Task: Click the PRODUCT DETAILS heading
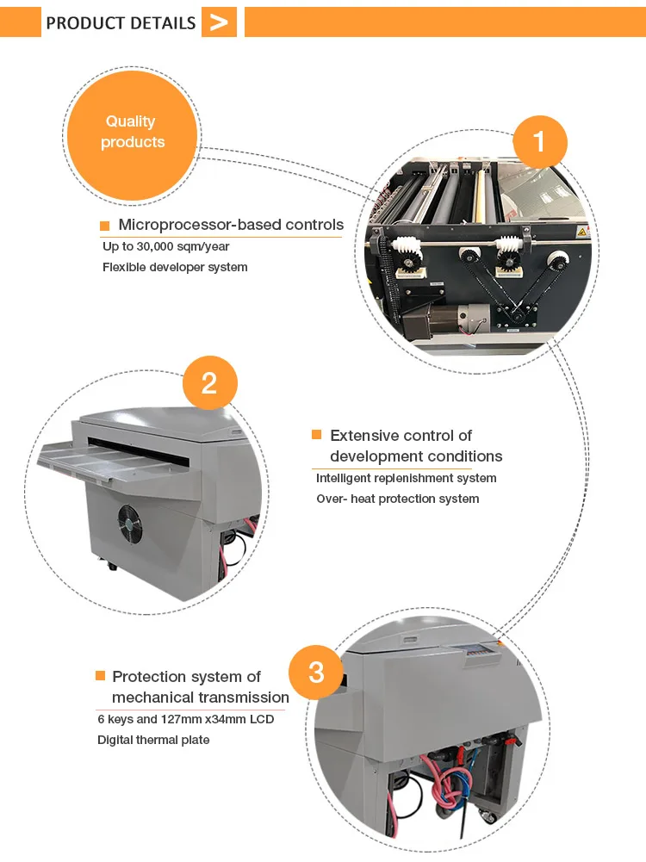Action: click(x=121, y=22)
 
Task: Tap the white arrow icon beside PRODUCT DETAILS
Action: click(x=219, y=22)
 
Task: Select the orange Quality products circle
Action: click(x=133, y=132)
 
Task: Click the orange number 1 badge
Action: click(x=539, y=140)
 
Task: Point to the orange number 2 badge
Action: click(x=209, y=383)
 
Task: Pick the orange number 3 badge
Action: click(x=316, y=672)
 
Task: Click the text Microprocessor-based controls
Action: click(x=231, y=226)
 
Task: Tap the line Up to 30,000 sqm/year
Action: click(x=165, y=246)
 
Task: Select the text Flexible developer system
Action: click(x=175, y=267)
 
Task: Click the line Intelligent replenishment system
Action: click(x=406, y=478)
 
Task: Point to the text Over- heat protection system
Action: click(x=397, y=499)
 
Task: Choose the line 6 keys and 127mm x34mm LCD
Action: click(x=185, y=719)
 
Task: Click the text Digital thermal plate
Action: click(x=153, y=740)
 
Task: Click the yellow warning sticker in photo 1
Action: click(x=581, y=233)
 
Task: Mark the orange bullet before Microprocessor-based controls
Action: click(x=105, y=226)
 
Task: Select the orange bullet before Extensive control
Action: click(x=316, y=436)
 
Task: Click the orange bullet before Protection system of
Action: click(x=100, y=677)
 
